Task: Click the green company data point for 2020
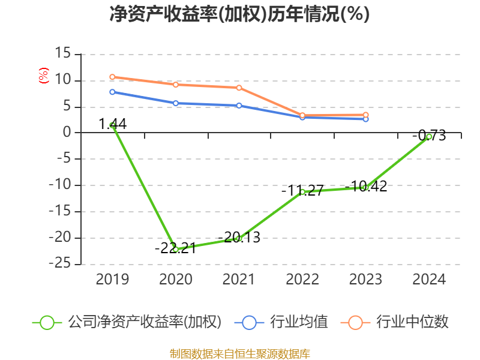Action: [176, 248]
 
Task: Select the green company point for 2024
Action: [429, 137]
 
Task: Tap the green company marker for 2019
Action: [112, 125]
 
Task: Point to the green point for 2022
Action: [302, 192]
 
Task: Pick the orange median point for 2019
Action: [112, 77]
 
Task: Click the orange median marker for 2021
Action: [239, 88]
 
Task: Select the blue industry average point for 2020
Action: [176, 103]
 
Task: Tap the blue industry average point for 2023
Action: [366, 119]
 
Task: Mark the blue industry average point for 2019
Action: [112, 92]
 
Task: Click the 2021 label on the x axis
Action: [239, 280]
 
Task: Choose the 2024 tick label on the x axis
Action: [429, 280]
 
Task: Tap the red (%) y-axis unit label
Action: [43, 76]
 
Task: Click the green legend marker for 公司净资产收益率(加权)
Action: [47, 322]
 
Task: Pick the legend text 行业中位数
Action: [412, 322]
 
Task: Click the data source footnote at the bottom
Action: [239, 353]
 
